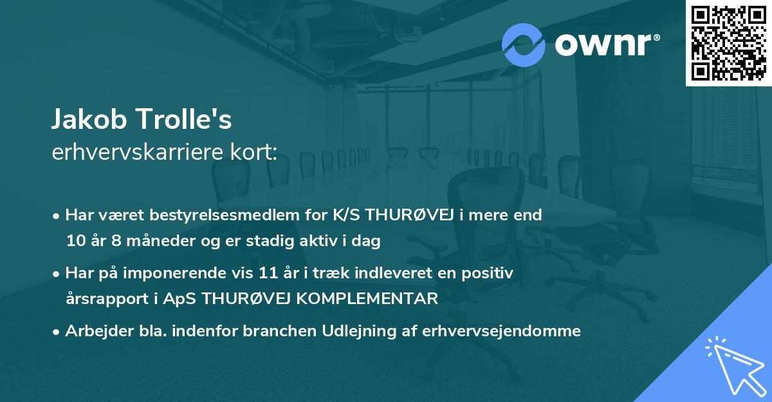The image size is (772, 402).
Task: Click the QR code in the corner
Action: (728, 43)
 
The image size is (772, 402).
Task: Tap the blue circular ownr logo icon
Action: (523, 44)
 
